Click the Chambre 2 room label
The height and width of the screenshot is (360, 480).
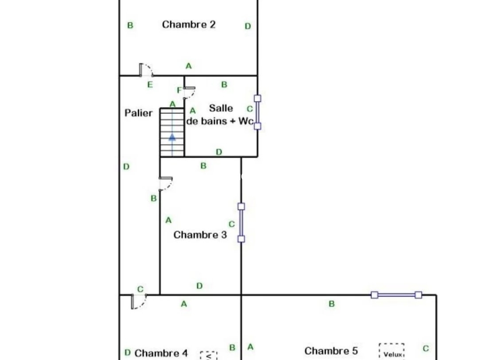coord(188,24)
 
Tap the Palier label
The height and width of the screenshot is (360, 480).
coord(138,113)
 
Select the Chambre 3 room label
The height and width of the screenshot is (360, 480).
coord(200,235)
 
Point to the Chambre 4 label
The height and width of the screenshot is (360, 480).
coord(161,353)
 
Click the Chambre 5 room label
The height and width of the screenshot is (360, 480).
coord(331,351)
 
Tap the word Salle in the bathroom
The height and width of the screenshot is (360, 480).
coord(221,108)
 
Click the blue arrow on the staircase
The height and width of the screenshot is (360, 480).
coord(172,137)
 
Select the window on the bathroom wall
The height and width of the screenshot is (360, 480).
coord(257,112)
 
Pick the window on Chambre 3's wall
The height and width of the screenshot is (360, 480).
coord(241,223)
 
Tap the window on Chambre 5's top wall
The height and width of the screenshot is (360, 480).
coord(396,295)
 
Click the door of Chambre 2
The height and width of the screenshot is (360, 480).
coord(146,70)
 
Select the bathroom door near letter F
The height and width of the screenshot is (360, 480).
coord(189,92)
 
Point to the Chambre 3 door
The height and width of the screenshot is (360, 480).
coord(165,183)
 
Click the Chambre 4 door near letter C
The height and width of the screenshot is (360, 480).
coord(138,301)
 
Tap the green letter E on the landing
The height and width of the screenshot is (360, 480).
coord(150,85)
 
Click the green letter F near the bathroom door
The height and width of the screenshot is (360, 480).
coord(179,90)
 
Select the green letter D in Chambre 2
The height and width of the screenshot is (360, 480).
coord(248,26)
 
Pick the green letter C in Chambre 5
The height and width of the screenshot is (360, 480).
coord(426,349)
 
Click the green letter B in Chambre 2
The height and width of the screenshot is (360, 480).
coord(130,25)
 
